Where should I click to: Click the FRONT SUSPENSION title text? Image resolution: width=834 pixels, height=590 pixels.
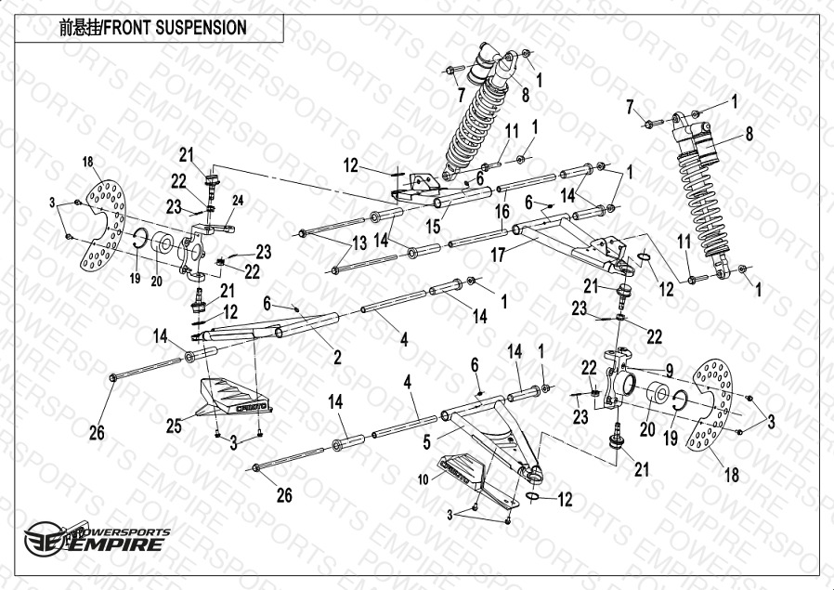pos(153,28)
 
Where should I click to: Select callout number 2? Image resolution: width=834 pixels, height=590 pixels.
pos(337,356)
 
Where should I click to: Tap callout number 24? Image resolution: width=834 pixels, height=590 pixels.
pos(238,200)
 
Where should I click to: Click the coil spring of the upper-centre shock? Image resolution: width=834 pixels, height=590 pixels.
pos(473,121)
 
